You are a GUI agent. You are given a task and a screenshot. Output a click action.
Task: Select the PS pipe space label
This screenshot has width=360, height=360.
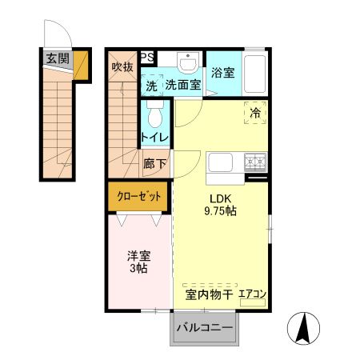point(147,58)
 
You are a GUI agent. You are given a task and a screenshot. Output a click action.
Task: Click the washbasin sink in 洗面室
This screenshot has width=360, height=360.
point(187,63)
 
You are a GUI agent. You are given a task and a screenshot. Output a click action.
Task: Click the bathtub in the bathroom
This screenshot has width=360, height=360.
point(255,74)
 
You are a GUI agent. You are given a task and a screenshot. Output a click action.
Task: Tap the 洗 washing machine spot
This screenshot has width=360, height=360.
point(151,84)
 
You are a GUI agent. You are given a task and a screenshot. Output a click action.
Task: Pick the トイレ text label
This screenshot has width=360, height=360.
point(154,138)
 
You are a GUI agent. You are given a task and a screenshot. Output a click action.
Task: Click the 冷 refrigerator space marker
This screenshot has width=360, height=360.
point(255,114)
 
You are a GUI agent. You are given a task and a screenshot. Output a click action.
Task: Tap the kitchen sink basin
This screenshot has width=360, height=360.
point(221,162)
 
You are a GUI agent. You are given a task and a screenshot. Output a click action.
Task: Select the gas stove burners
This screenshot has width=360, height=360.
point(255,162)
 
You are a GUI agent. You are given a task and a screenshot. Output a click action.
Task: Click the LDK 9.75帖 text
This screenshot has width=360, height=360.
point(221,205)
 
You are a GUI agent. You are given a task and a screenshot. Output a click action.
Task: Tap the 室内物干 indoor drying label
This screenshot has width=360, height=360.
point(209,295)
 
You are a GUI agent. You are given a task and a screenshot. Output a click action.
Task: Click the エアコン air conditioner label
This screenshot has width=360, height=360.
point(252,295)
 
